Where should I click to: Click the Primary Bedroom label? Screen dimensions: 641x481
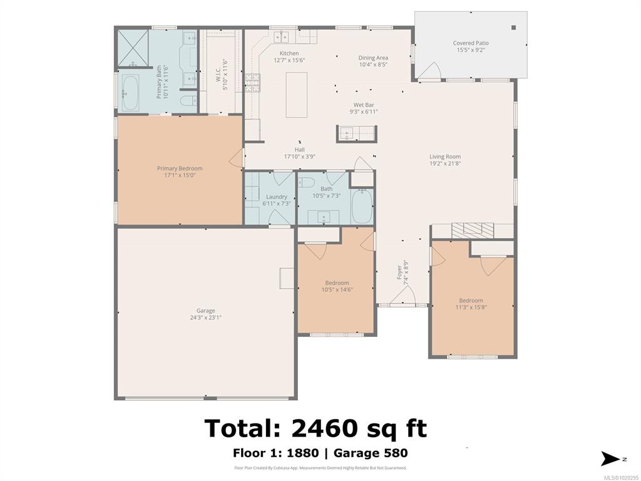[180, 168]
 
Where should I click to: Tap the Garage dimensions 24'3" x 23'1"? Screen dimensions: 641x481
[205, 318]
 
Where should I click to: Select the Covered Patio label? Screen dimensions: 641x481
[471, 43]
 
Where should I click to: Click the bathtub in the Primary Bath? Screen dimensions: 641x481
[130, 93]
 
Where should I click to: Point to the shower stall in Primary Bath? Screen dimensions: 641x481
[133, 48]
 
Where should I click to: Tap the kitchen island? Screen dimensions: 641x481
[296, 95]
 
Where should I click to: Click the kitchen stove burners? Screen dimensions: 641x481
[253, 83]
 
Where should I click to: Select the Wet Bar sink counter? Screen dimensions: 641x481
[356, 134]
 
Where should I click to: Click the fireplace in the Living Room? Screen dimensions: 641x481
[473, 230]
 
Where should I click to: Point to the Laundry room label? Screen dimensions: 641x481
[276, 197]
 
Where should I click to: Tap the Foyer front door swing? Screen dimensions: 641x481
[403, 296]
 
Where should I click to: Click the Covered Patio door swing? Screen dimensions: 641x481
[430, 70]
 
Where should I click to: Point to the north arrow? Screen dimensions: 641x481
[610, 458]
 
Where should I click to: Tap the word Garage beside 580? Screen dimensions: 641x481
[357, 453]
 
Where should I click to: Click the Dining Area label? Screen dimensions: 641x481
[373, 58]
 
